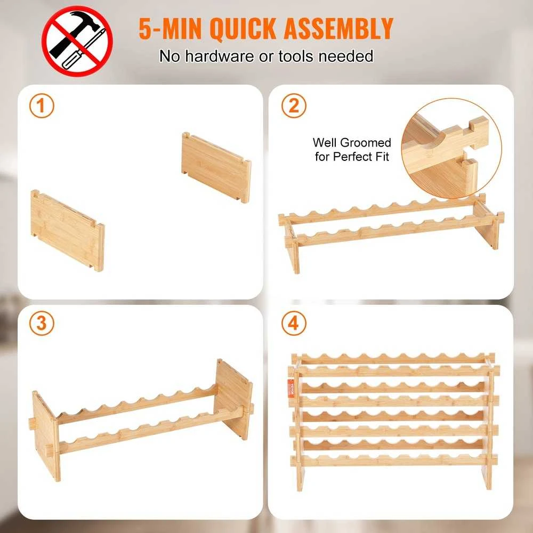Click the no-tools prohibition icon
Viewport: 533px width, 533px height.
(77, 41)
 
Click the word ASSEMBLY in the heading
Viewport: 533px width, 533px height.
(338, 29)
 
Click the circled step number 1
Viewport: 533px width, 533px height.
(42, 106)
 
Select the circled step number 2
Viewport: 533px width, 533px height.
(294, 106)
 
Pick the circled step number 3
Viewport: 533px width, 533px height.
(42, 324)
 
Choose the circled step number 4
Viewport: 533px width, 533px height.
(294, 324)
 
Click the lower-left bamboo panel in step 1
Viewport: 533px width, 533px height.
(67, 230)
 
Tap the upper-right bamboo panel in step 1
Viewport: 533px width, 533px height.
(216, 166)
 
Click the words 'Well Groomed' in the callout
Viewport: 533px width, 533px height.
(352, 142)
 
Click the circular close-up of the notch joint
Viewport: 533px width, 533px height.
(451, 149)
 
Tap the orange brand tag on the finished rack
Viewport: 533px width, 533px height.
(290, 389)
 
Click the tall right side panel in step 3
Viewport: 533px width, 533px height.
(233, 398)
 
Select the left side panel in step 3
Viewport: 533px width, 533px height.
(45, 435)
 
